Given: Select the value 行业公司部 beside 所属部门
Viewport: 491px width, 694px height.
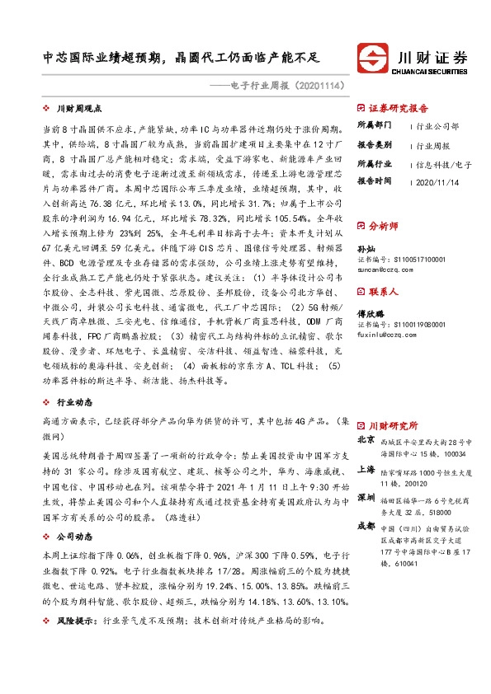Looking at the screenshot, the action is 437,126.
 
